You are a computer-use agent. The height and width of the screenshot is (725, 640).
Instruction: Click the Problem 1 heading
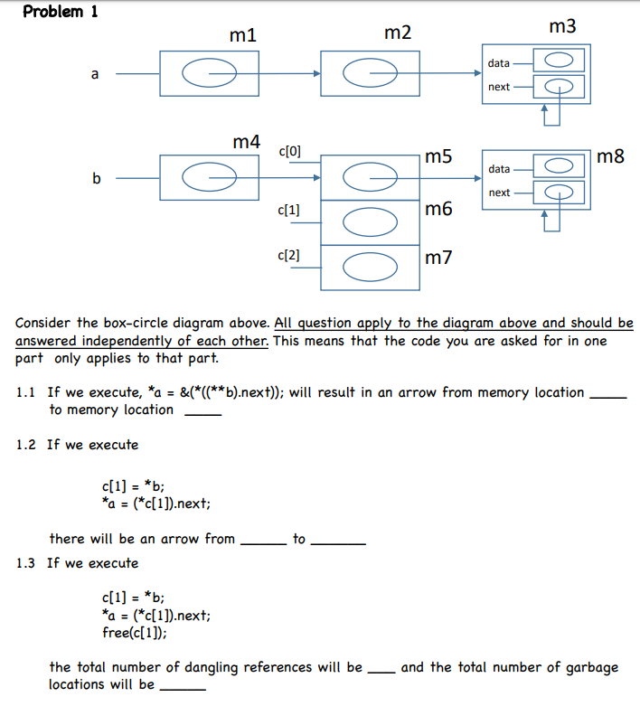point(61,12)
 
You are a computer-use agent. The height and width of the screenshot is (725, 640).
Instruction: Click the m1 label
point(243,35)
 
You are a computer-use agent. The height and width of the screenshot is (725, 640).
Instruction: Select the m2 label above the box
point(398,33)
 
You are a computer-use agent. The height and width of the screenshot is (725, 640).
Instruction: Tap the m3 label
point(561,27)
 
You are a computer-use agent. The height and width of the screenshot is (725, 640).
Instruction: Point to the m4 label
point(247,142)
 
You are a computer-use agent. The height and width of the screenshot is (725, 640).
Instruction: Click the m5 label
point(438,157)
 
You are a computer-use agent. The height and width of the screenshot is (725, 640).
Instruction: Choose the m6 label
point(438,210)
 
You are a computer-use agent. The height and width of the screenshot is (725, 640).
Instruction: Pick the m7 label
point(438,259)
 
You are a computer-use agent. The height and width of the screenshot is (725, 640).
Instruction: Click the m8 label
point(611,157)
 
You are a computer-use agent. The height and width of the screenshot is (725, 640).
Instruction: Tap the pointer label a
point(94,74)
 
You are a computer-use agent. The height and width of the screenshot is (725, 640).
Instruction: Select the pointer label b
point(96,178)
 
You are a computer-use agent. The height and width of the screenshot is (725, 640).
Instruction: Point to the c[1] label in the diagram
point(291,210)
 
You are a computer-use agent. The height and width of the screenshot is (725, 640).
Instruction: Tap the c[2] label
point(291,256)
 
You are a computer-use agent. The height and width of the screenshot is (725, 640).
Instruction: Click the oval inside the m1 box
point(210,74)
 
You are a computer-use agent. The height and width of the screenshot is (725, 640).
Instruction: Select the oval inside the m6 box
point(370,222)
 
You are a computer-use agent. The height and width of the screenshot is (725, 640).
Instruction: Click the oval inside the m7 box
point(370,268)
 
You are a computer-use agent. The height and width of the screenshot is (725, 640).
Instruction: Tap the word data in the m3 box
point(498,63)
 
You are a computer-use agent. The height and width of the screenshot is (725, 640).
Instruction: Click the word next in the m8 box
point(499,193)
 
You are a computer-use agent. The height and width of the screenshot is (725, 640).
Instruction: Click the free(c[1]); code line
point(140,632)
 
